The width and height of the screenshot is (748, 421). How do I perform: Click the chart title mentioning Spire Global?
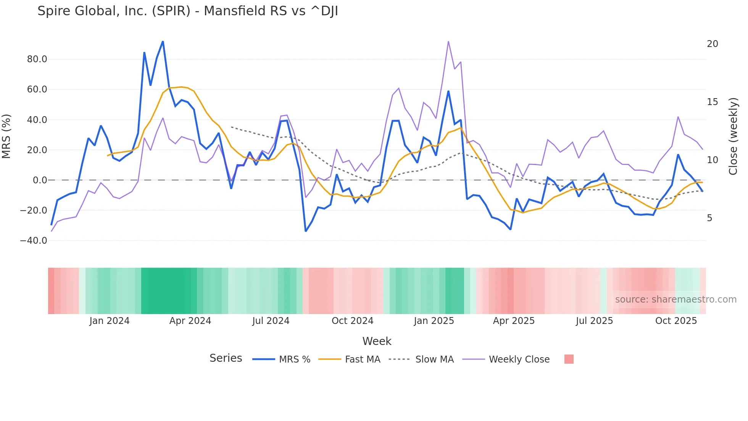pyautogui.click(x=188, y=11)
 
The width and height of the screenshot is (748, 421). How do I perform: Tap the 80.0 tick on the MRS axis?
pyautogui.click(x=37, y=59)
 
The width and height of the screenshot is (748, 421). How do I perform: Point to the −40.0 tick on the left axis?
pyautogui.click(x=34, y=241)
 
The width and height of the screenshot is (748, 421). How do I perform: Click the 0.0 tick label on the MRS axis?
pyautogui.click(x=40, y=180)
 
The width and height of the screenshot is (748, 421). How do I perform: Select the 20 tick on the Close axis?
pyautogui.click(x=712, y=44)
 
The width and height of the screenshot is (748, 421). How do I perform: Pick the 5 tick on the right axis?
pyautogui.click(x=709, y=218)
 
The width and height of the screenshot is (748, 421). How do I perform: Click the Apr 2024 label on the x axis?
pyautogui.click(x=190, y=321)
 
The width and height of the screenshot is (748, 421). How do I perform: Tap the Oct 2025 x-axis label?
pyautogui.click(x=676, y=321)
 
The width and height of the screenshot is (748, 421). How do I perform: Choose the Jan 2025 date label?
pyautogui.click(x=434, y=321)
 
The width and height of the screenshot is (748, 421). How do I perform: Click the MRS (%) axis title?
pyautogui.click(x=6, y=136)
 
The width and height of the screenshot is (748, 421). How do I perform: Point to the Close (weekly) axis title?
pyautogui.click(x=733, y=136)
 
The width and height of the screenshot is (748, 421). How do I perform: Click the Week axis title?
pyautogui.click(x=377, y=341)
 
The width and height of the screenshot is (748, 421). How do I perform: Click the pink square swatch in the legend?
pyautogui.click(x=569, y=359)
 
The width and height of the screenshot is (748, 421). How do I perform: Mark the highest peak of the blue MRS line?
pyautogui.click(x=163, y=41)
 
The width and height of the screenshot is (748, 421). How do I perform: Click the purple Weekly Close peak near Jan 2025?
pyautogui.click(x=448, y=42)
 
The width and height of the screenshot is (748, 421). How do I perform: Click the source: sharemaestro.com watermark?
pyautogui.click(x=675, y=300)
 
